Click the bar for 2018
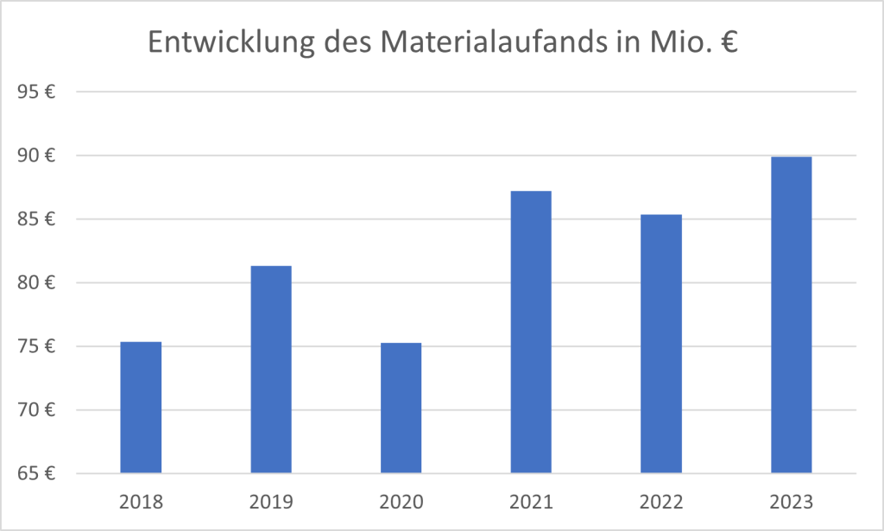141,408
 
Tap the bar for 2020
401,408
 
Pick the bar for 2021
531,332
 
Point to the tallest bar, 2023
791,315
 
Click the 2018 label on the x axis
141,502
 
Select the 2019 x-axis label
271,502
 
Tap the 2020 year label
401,502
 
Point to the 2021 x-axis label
531,502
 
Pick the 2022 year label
661,502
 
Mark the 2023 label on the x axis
791,502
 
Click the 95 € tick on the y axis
37,92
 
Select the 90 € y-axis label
37,156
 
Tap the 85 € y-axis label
37,219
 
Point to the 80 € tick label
37,283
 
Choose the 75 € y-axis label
37,347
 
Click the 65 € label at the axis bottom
37,474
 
